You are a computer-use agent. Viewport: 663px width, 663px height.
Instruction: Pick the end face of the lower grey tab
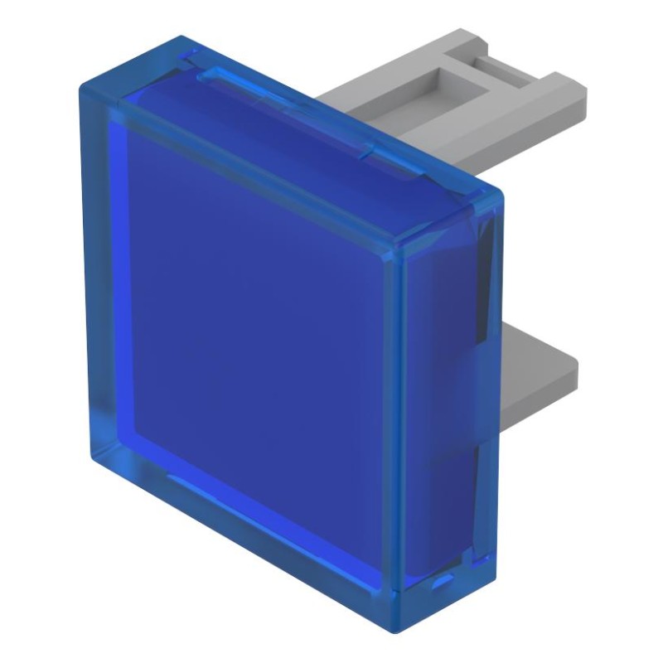tap(572, 373)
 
